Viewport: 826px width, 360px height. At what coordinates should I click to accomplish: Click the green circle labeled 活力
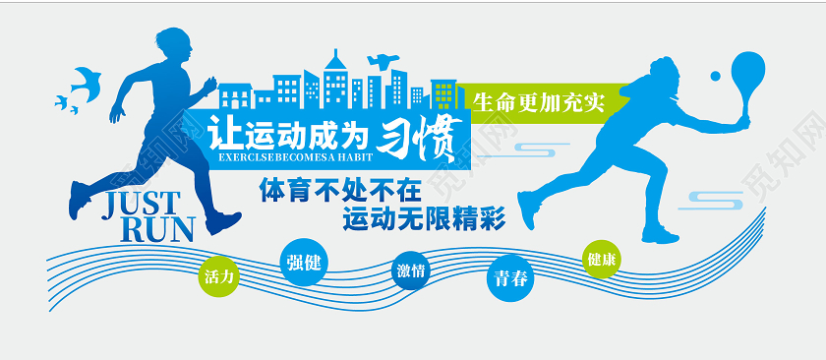click(218, 276)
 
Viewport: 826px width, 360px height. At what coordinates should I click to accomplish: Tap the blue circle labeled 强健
click(300, 262)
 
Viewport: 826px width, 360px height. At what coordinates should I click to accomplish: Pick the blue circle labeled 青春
click(511, 278)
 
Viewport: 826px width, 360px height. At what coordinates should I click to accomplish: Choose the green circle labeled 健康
click(602, 260)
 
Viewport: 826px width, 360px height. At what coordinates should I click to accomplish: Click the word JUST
click(144, 204)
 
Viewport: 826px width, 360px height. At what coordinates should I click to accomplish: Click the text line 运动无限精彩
click(424, 218)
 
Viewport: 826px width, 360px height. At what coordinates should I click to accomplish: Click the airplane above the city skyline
click(382, 59)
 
